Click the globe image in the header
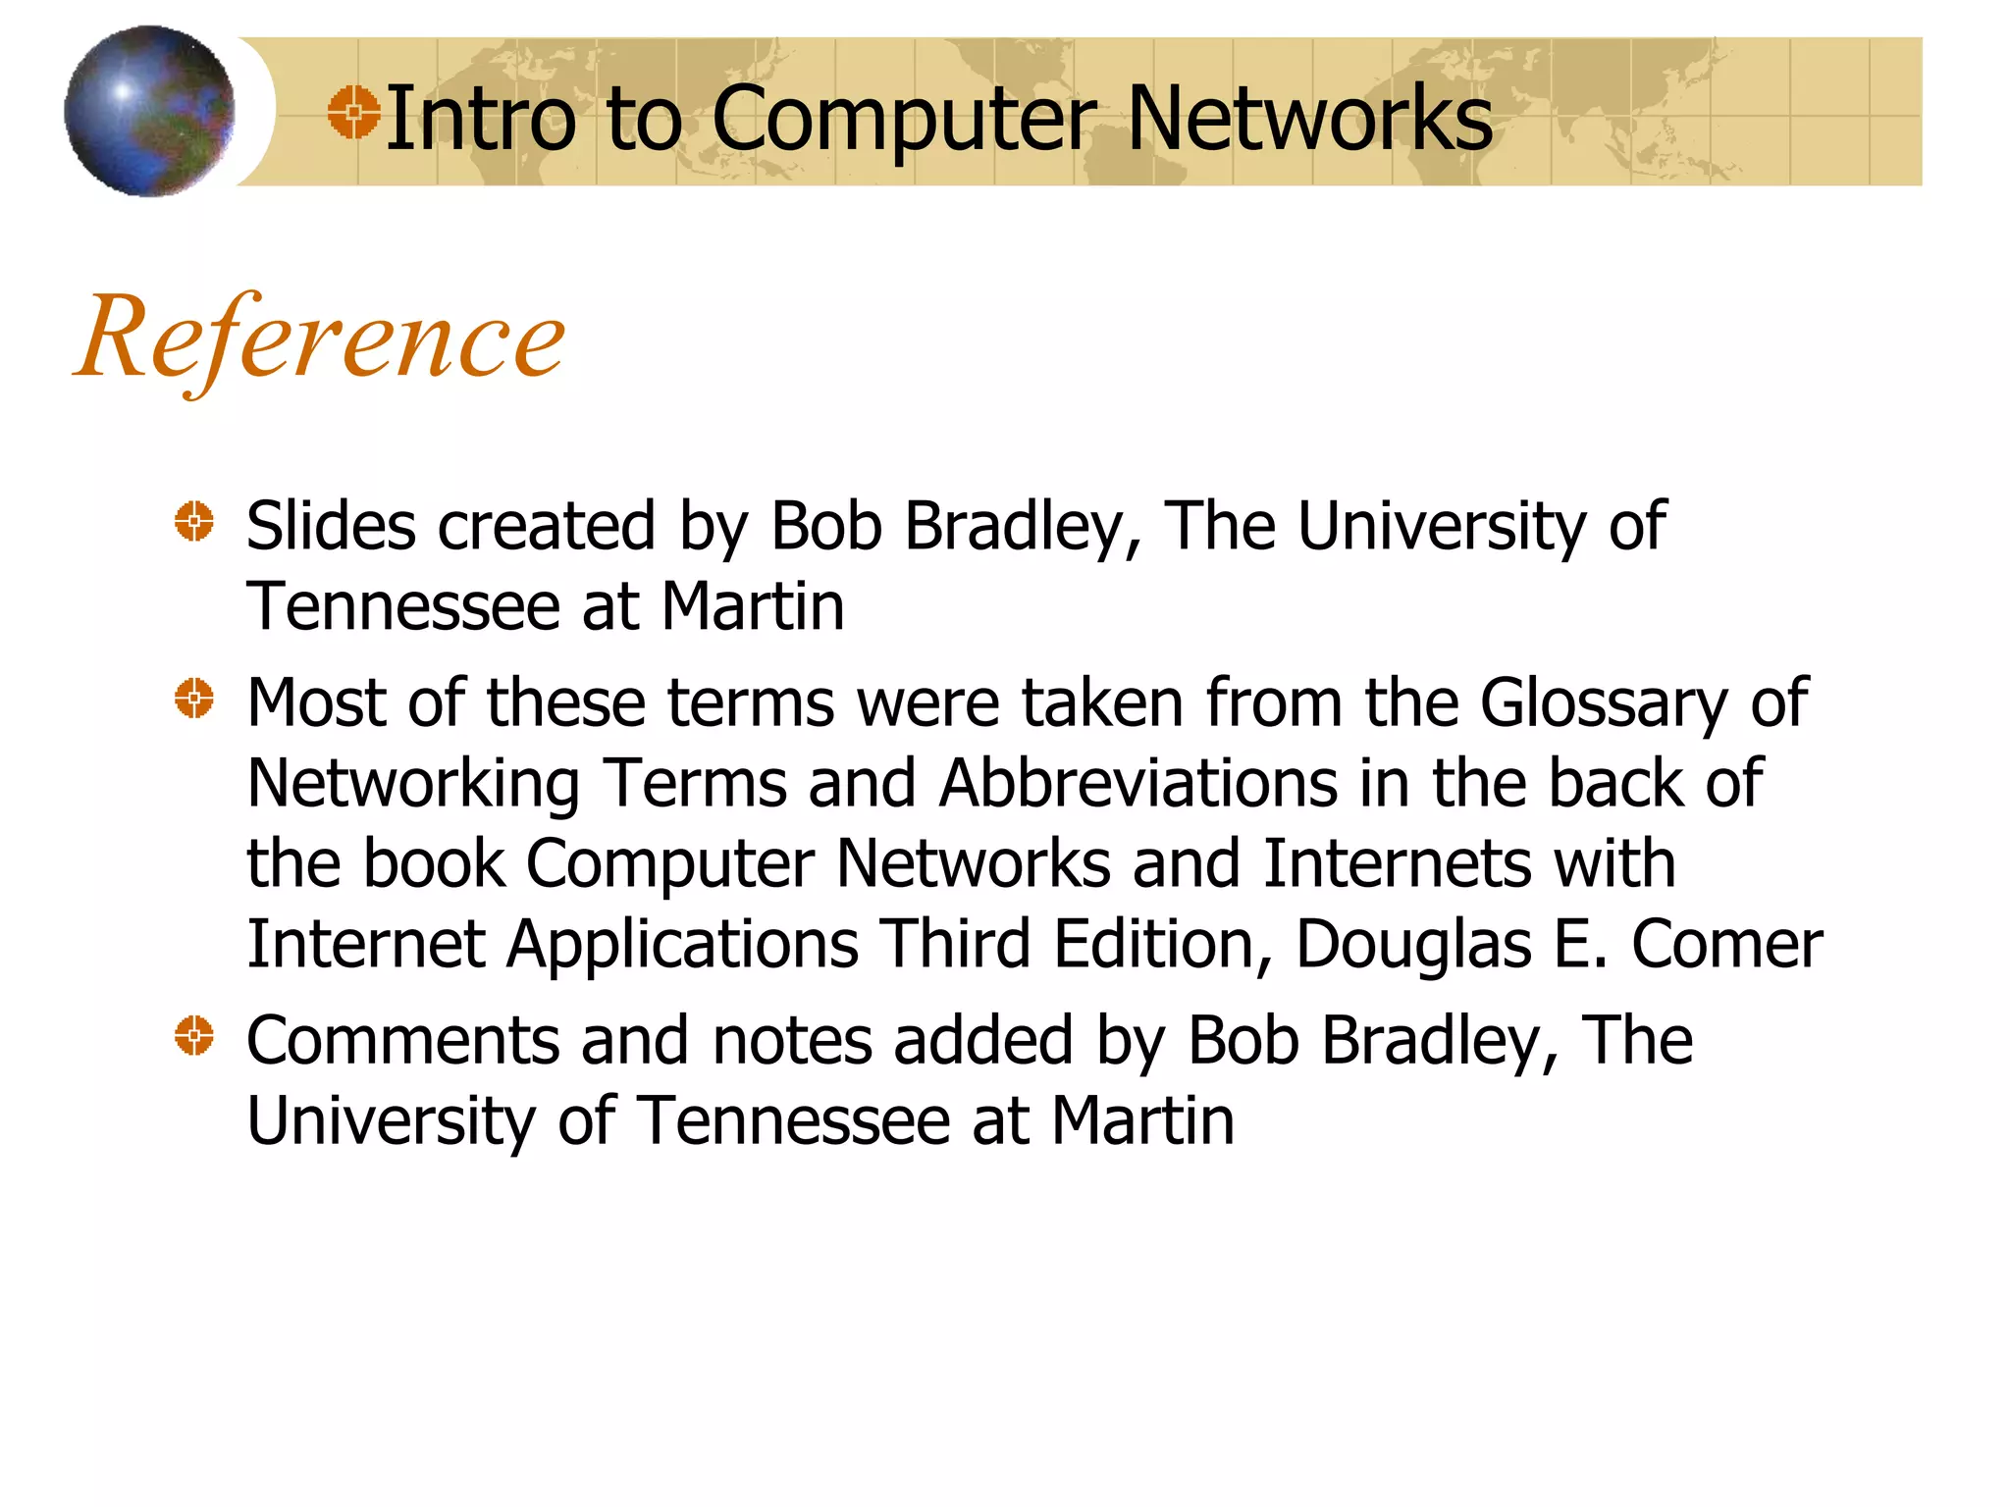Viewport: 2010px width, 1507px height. pyautogui.click(x=149, y=111)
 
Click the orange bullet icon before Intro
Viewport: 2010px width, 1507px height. pyautogui.click(x=353, y=112)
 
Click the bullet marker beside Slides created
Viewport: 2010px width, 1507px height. pyautogui.click(x=194, y=521)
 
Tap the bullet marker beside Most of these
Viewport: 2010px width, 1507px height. pyautogui.click(x=194, y=699)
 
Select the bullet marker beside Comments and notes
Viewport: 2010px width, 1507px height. pyautogui.click(x=194, y=1036)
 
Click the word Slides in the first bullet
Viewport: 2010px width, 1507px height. pyautogui.click(x=331, y=526)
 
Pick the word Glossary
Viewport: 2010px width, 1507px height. pyautogui.click(x=1604, y=704)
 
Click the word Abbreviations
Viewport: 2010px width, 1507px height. pyautogui.click(x=1137, y=784)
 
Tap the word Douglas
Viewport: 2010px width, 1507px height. pyautogui.click(x=1413, y=946)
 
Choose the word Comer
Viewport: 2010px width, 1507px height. pyautogui.click(x=1726, y=945)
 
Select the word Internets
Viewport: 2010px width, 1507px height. pyautogui.click(x=1396, y=864)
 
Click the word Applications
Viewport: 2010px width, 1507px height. pyautogui.click(x=683, y=946)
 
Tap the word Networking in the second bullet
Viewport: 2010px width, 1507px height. pyautogui.click(x=413, y=786)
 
